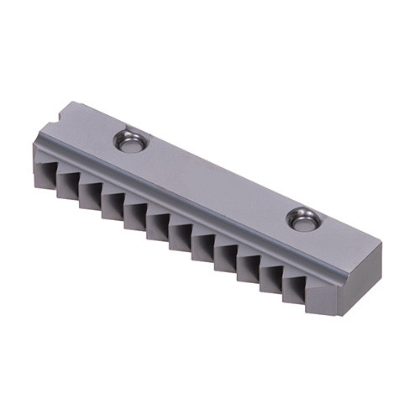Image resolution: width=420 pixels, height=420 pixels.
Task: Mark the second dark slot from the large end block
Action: coord(270,277)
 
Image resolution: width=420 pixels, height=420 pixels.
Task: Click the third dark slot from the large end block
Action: coord(248,266)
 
